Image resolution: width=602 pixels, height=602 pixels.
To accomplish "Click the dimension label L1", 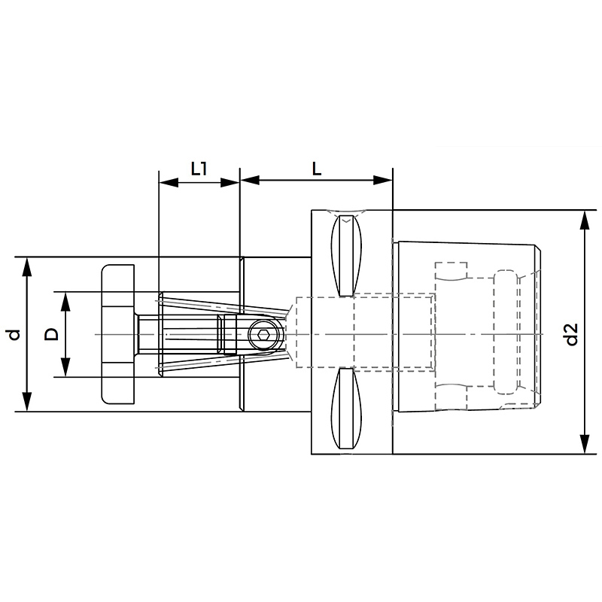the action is point(199,168).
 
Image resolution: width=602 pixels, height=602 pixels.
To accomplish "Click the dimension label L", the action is point(316,168).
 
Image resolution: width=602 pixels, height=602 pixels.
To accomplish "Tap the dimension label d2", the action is point(572,334).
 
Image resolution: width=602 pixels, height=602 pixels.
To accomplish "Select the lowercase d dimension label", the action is point(14,334).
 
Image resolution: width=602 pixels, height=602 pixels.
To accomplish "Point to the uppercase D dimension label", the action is point(51,334).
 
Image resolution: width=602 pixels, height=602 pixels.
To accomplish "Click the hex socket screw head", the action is point(263,334).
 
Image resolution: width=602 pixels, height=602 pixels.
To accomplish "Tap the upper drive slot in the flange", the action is point(346,255).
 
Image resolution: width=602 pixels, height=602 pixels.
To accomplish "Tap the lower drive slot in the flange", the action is point(346,409).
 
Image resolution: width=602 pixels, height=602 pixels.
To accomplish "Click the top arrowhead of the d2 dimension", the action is point(585,220).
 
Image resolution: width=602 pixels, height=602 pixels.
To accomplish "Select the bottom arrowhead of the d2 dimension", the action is point(585,444).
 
